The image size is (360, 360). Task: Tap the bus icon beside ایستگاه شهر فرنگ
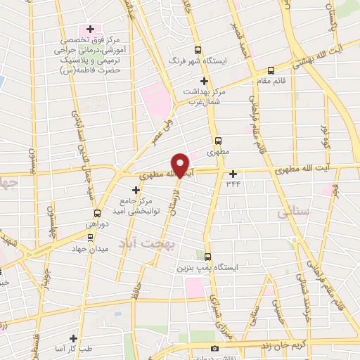198,50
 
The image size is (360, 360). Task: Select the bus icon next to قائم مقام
271,70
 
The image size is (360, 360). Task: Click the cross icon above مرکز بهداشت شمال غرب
204,81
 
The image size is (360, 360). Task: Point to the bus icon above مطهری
218,140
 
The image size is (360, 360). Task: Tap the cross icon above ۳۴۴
233,173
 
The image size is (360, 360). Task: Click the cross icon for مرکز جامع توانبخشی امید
136,190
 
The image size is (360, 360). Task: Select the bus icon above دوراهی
97,212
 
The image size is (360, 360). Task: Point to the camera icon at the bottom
214,349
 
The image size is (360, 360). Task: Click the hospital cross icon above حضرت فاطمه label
89,29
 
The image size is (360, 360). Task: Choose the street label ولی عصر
164,132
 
